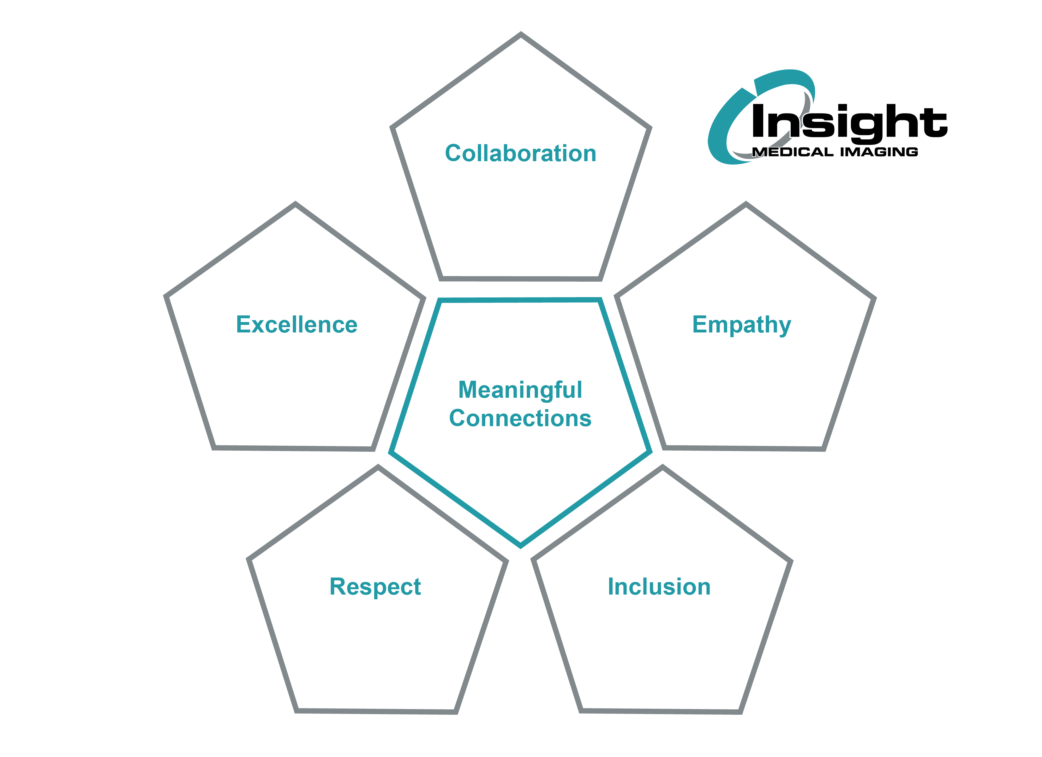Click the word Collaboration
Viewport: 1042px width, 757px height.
coord(521,153)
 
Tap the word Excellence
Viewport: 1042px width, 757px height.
coord(297,325)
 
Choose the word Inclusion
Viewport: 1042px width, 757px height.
coord(659,587)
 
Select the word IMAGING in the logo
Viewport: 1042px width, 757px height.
coord(879,152)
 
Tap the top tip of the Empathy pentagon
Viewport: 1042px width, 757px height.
coord(746,204)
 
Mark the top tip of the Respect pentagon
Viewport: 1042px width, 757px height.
coord(378,467)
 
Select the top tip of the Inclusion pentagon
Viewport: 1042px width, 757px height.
coord(662,467)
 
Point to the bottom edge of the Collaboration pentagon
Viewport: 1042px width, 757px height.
coord(521,279)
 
